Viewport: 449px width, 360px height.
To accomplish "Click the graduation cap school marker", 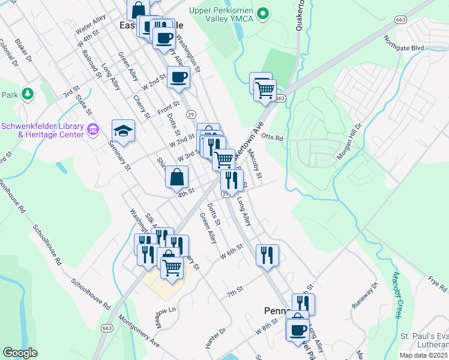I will [x=123, y=131].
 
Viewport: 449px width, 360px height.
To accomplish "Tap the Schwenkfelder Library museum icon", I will [x=93, y=129].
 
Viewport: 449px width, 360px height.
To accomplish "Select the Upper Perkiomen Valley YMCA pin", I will [x=262, y=13].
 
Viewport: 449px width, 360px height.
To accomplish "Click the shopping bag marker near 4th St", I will [x=177, y=178].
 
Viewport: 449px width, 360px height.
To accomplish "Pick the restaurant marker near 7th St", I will [x=267, y=254].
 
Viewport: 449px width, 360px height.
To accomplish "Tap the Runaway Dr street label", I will [x=364, y=295].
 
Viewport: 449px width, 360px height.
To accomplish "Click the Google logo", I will [x=20, y=353].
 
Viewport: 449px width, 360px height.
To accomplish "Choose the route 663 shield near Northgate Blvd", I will [x=401, y=20].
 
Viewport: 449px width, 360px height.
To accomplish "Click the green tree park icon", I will [x=28, y=94].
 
